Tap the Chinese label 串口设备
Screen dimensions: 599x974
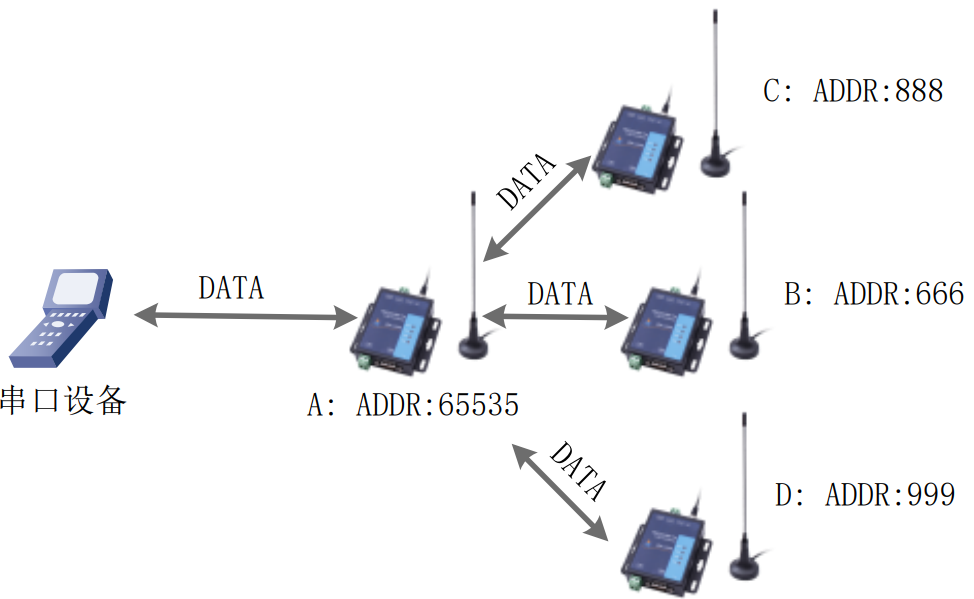click(65, 402)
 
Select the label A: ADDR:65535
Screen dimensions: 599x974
click(413, 406)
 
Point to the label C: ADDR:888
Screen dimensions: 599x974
click(853, 91)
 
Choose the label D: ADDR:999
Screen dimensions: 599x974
click(865, 494)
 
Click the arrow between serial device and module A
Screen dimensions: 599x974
click(246, 317)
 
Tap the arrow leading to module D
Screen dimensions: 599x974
click(561, 490)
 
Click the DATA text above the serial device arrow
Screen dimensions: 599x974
click(231, 288)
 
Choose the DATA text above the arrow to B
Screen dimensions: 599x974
click(560, 294)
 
